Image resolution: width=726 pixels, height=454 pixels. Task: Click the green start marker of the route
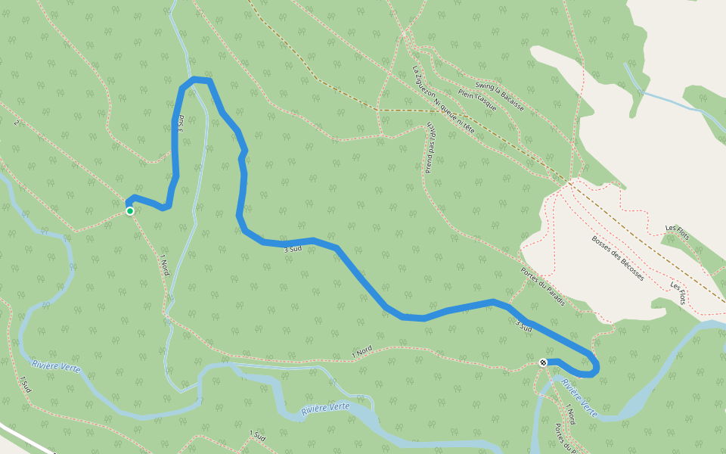[130, 211]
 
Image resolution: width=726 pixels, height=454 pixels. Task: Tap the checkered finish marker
[543, 363]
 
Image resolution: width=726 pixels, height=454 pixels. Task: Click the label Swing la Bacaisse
[499, 96]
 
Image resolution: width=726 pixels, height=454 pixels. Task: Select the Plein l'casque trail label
[478, 100]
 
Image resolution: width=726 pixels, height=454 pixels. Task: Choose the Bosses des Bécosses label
[617, 259]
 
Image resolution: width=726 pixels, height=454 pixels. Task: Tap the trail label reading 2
[17, 122]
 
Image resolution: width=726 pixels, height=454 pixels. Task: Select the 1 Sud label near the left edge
[26, 384]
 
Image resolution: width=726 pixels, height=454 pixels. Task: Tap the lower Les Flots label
[678, 292]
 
